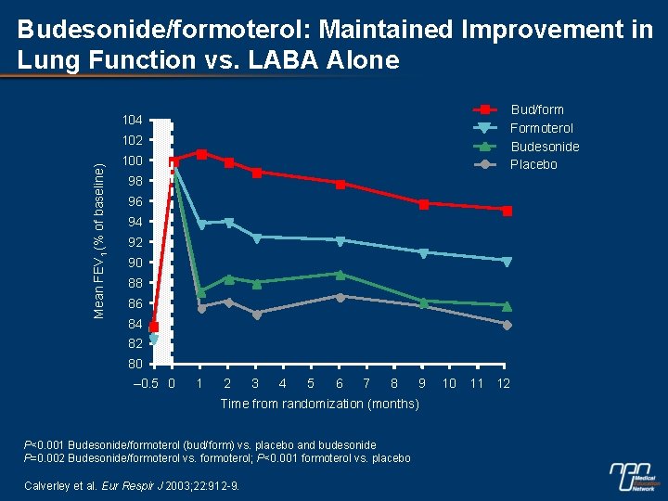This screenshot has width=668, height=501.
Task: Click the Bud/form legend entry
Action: pos(536,109)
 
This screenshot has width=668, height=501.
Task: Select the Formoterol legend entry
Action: pos(542,128)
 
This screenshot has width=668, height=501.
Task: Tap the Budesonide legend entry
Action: pos(545,147)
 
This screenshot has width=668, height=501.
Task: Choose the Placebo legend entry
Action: pos(533,164)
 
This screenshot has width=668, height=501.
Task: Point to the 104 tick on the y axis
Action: pos(131,121)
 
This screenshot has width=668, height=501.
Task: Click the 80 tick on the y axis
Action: pos(135,364)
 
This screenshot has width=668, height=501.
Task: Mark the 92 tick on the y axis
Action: pos(135,242)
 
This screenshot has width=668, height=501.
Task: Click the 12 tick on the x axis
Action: pos(504,383)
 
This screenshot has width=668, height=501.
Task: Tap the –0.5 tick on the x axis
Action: pos(148,383)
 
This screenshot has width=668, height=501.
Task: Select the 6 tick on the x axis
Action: pos(340,383)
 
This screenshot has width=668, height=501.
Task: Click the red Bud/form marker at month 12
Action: pos(507,211)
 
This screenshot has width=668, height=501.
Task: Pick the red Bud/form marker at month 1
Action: pos(201,154)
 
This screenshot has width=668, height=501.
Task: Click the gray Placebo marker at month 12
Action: pos(507,325)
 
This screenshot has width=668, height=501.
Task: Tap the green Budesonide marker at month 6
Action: pos(340,275)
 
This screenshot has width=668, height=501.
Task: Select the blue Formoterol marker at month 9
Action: pos(423,252)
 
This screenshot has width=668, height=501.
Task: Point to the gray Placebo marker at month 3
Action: pos(257,314)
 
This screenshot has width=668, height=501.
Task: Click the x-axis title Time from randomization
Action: pos(319,405)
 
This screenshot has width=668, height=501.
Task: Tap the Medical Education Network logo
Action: pos(635,477)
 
